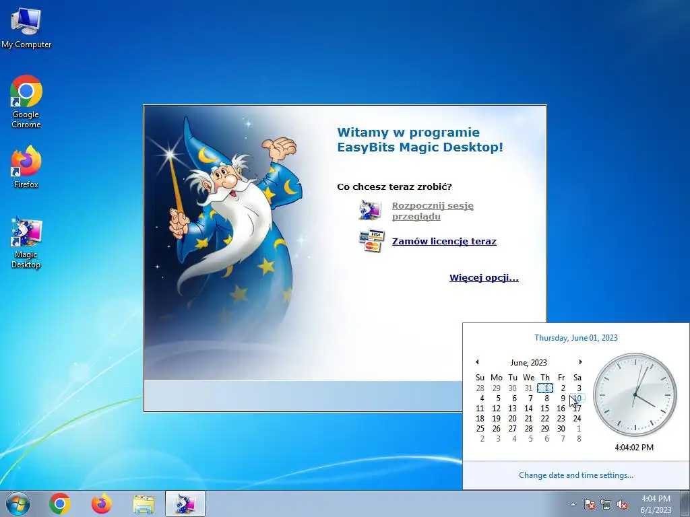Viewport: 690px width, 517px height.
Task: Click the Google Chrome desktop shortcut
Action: (26, 102)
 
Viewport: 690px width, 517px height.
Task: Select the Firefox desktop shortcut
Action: (26, 167)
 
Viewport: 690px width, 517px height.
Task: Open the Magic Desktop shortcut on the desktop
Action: (26, 242)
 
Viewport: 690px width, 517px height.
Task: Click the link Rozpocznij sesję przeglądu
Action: (433, 211)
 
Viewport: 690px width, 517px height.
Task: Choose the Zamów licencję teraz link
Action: (444, 242)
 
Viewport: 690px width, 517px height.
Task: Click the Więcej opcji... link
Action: (484, 278)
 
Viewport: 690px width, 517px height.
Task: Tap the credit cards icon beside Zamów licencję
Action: (371, 240)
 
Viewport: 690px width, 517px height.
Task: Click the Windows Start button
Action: (18, 504)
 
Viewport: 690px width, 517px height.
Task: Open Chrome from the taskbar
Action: (60, 504)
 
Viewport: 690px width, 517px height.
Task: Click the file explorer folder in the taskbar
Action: (144, 504)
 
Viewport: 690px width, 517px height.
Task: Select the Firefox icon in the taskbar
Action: (102, 504)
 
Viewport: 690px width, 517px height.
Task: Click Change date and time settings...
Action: (576, 475)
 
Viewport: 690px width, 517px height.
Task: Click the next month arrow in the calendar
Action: (580, 362)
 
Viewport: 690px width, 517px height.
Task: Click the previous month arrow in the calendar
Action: (477, 362)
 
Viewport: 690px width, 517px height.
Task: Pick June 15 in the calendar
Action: (544, 409)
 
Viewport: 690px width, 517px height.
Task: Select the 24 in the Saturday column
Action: (577, 419)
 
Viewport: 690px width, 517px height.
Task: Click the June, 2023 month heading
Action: (528, 363)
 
